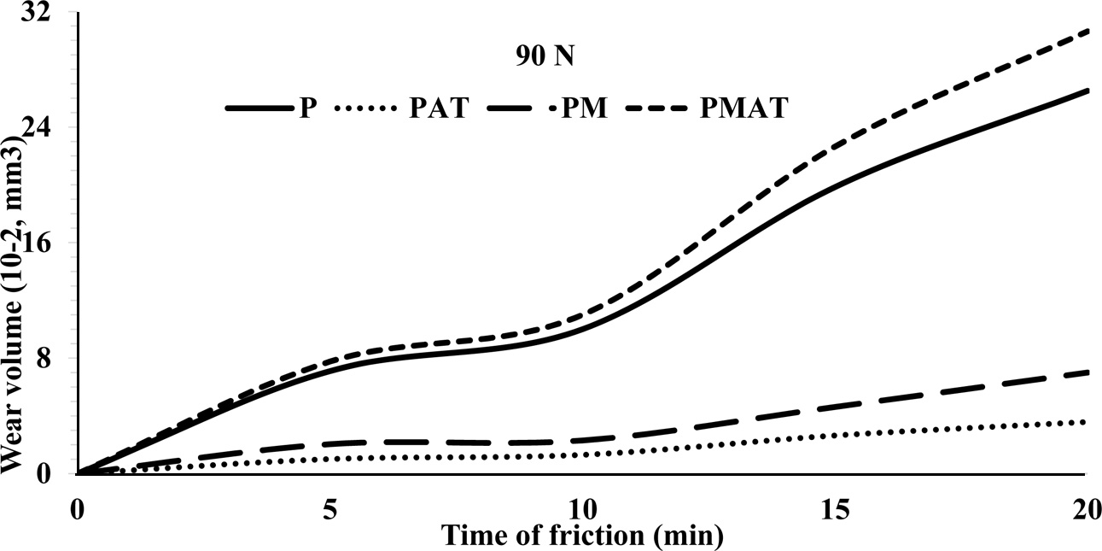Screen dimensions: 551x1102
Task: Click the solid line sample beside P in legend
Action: [x=257, y=108]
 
